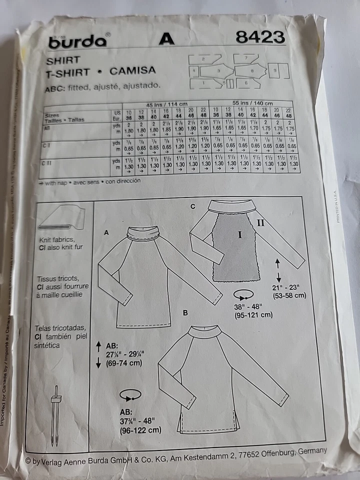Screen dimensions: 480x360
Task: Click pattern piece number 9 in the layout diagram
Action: [x=274, y=71]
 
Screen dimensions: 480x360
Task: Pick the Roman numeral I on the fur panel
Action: [x=239, y=234]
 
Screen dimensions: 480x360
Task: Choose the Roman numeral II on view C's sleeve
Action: [x=260, y=223]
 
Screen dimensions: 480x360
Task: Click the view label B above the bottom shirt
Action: [x=185, y=313]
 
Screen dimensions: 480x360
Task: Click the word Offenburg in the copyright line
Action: [x=274, y=453]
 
